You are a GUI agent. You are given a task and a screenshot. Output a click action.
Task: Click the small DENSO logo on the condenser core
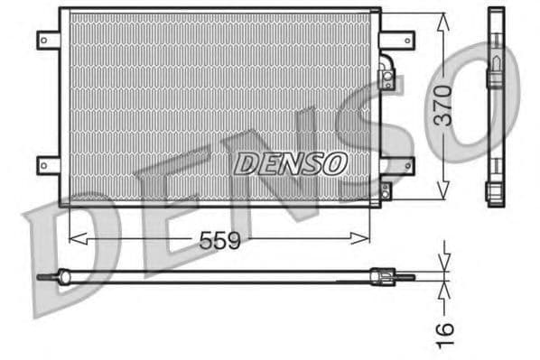pos(290,163)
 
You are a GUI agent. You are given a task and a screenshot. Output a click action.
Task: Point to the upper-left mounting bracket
pos(47,41)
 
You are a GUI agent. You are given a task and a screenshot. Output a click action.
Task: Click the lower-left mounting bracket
pos(47,164)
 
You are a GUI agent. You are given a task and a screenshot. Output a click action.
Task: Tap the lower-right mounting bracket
pos(397,164)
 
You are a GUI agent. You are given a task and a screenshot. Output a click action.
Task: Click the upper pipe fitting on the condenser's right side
pos(386,76)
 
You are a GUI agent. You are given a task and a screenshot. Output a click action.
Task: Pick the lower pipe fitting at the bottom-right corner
pos(386,191)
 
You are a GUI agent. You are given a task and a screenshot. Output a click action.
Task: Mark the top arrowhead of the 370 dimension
pos(442,21)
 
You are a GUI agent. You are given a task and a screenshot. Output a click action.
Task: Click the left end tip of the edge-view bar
pos(42,277)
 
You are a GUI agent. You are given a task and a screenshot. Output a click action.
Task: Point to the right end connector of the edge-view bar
pos(397,276)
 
